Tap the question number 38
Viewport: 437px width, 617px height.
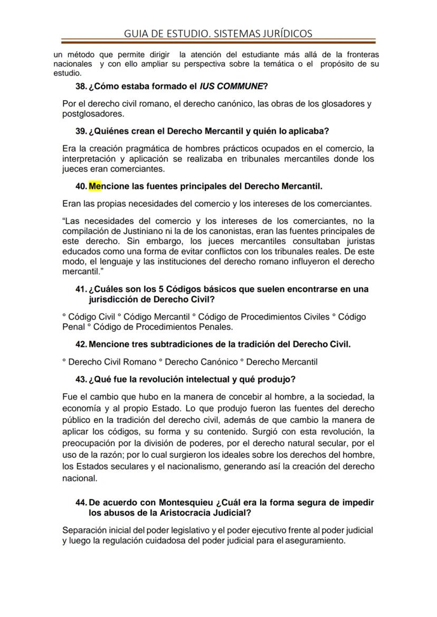pyautogui.click(x=81, y=86)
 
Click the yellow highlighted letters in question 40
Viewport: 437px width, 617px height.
pyautogui.click(x=95, y=186)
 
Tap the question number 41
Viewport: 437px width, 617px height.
pyautogui.click(x=81, y=290)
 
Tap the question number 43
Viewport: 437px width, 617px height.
pyautogui.click(x=81, y=379)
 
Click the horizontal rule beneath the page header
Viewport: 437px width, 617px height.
pyautogui.click(x=218, y=41)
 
